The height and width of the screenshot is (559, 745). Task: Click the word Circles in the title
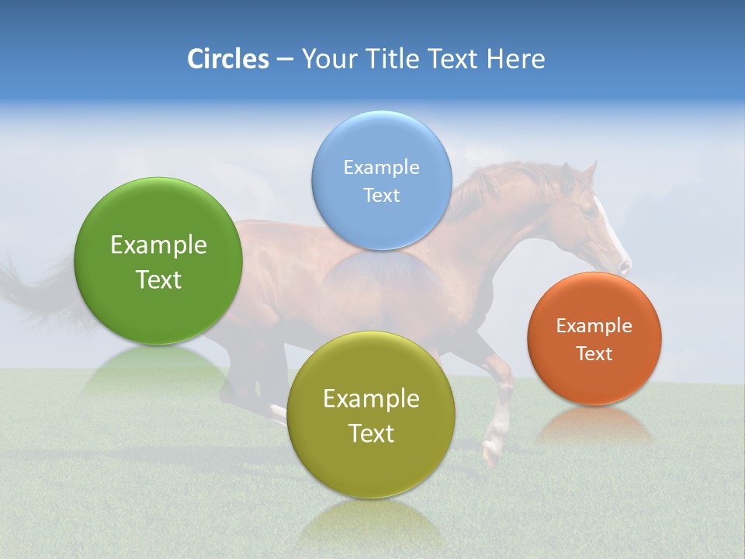coord(227,59)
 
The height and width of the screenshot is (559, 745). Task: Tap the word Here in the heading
coord(515,59)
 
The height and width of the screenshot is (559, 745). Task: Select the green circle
coord(158,262)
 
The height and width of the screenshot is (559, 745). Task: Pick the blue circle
coord(382,180)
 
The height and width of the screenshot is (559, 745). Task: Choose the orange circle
coord(594,339)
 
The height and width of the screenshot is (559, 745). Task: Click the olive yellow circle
coord(371,415)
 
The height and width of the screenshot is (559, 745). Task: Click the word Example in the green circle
coord(158,245)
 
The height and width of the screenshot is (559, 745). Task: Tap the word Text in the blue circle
coord(382,195)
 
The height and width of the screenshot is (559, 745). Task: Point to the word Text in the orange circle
coord(594,354)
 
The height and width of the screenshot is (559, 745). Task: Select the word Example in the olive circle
coord(371,398)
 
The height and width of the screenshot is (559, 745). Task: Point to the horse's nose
coord(624,266)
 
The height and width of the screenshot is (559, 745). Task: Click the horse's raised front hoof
coord(492,453)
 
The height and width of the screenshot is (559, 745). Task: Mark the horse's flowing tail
coord(31,291)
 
